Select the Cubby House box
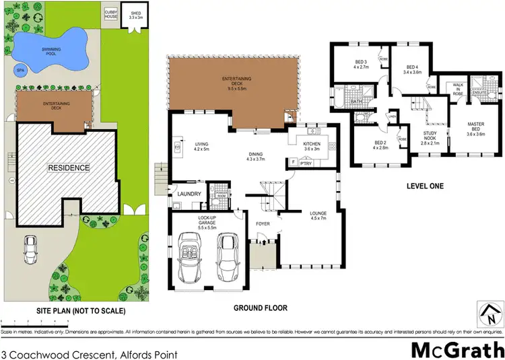pos(110,14)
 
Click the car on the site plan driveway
pos(30,250)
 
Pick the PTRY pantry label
pos(306,162)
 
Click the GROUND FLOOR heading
pos(260,308)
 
